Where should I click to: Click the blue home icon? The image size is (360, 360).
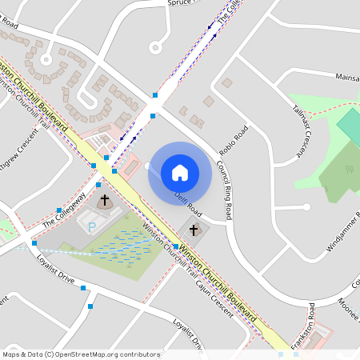point(180,172)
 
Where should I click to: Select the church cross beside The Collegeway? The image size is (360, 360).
point(104,200)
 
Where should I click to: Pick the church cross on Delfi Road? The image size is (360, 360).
point(193,230)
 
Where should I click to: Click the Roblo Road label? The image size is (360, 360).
point(230,142)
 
